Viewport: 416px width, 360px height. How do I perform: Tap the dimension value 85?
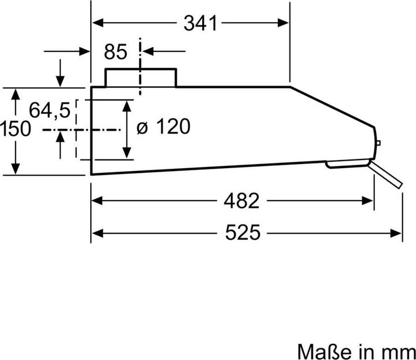pyautogui.click(x=116, y=52)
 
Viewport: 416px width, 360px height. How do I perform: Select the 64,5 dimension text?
pyautogui.click(x=50, y=109)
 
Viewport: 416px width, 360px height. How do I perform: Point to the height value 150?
pyautogui.click(x=16, y=128)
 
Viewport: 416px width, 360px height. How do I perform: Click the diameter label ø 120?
pyautogui.click(x=163, y=127)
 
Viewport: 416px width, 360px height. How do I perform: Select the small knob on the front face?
pyautogui.click(x=377, y=142)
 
